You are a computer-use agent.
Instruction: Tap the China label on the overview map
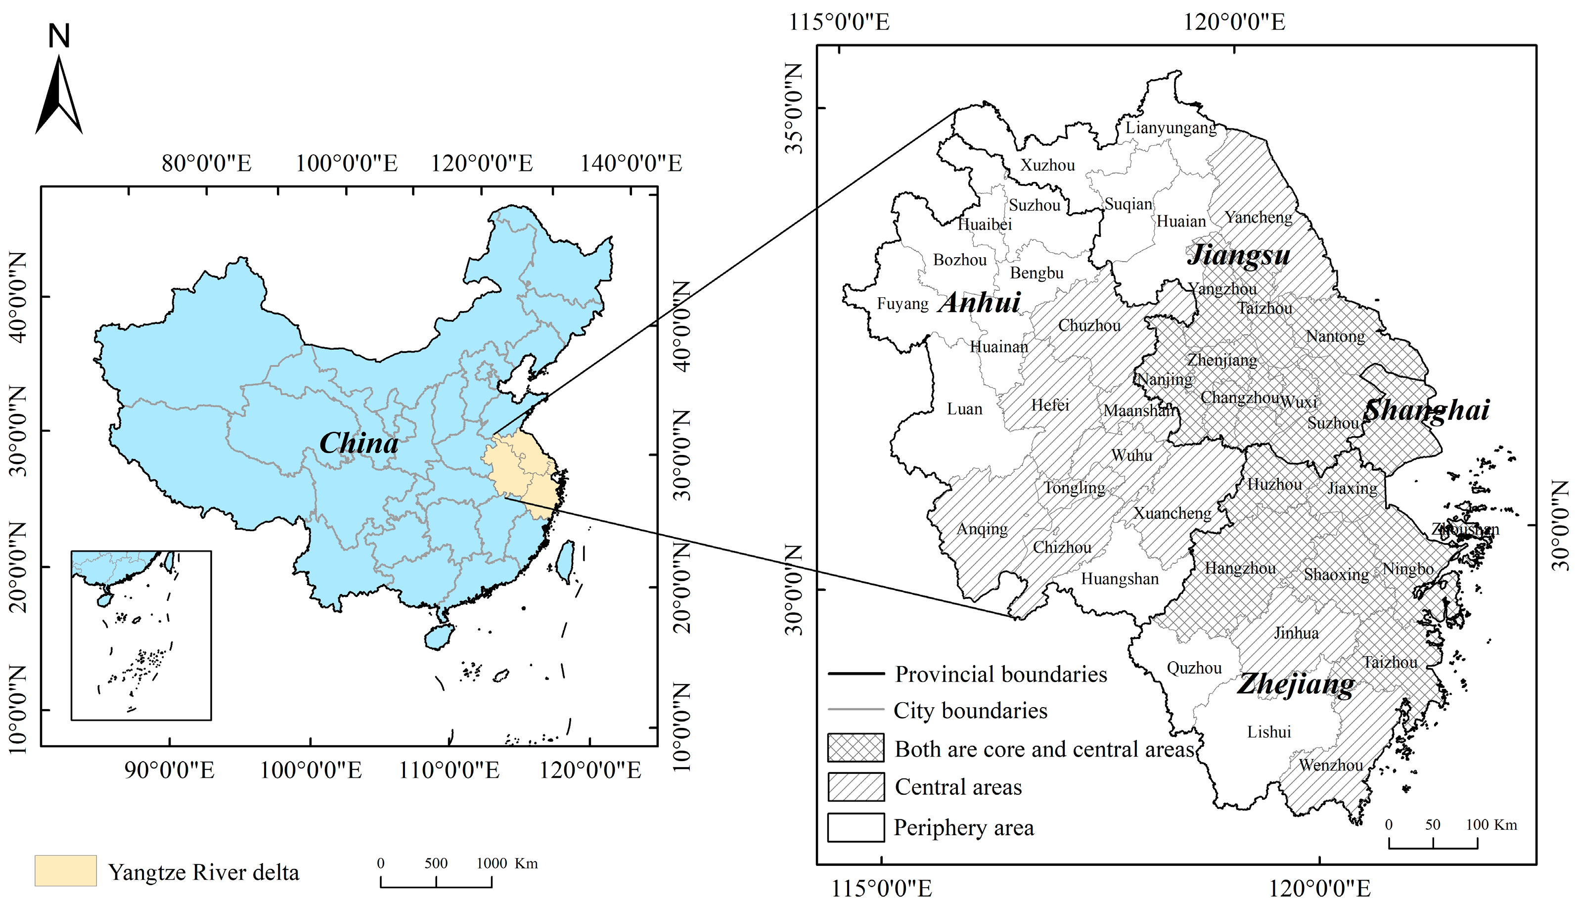click(x=359, y=443)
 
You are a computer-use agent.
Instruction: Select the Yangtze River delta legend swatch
click(x=65, y=870)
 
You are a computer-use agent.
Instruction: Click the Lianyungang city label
click(x=1171, y=128)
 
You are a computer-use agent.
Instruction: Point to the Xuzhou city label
click(x=1047, y=165)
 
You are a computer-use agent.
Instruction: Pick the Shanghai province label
click(x=1427, y=410)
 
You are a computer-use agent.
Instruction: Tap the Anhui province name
click(x=980, y=303)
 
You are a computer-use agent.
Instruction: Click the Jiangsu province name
click(x=1238, y=255)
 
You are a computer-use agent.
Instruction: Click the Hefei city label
click(x=1050, y=405)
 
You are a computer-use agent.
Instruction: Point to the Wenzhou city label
click(x=1330, y=765)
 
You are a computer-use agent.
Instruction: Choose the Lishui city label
click(x=1269, y=731)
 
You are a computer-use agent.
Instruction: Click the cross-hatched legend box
click(x=856, y=748)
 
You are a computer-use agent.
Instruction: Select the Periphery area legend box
click(x=856, y=827)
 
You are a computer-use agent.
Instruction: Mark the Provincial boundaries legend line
click(x=856, y=673)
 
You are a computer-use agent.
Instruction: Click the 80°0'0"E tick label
click(x=206, y=164)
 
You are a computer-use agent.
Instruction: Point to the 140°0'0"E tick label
click(x=631, y=164)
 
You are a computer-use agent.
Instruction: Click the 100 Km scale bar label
click(x=1491, y=825)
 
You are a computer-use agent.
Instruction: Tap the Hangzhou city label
click(x=1240, y=568)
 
